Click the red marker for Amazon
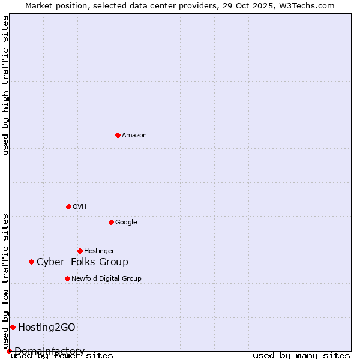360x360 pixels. pyautogui.click(x=118, y=135)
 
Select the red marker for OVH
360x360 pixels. pyautogui.click(x=68, y=206)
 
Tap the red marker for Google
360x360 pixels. pyautogui.click(x=111, y=222)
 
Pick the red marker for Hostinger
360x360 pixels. pyautogui.click(x=80, y=251)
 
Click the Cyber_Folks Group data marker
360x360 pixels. pyautogui.click(x=31, y=262)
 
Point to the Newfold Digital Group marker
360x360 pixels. pyautogui.click(x=67, y=278)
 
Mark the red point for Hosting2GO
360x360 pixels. pyautogui.click(x=13, y=327)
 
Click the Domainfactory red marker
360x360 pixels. pyautogui.click(x=9, y=351)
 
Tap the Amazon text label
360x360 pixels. pyautogui.click(x=134, y=136)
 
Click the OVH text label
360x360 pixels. pyautogui.click(x=80, y=207)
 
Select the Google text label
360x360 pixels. pyautogui.click(x=126, y=223)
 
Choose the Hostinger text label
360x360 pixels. pyautogui.click(x=99, y=251)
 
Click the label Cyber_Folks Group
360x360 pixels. pyautogui.click(x=82, y=262)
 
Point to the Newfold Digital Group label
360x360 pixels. pyautogui.click(x=106, y=279)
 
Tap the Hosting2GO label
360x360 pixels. pyautogui.click(x=46, y=328)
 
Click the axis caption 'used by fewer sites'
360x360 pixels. pyautogui.click(x=62, y=356)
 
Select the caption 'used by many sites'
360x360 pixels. pyautogui.click(x=301, y=356)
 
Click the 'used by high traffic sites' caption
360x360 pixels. pyautogui.click(x=5, y=85)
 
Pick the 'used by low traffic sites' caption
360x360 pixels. pyautogui.click(x=5, y=281)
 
